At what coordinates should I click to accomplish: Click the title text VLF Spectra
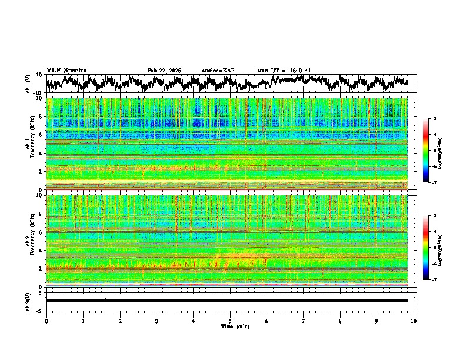tap(66, 70)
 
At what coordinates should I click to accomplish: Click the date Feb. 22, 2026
tap(164, 71)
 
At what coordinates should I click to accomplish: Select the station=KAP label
tap(218, 71)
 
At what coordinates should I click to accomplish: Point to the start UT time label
tap(284, 71)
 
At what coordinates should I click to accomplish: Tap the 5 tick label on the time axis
tap(230, 321)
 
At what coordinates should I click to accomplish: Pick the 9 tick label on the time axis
tap(377, 321)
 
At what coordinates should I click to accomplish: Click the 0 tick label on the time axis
tap(46, 321)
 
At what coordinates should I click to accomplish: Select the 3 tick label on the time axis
tap(157, 321)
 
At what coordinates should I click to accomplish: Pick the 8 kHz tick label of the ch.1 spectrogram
tap(42, 116)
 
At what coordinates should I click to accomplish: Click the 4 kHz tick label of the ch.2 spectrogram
tap(42, 251)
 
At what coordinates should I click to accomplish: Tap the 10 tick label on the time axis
tap(414, 321)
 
